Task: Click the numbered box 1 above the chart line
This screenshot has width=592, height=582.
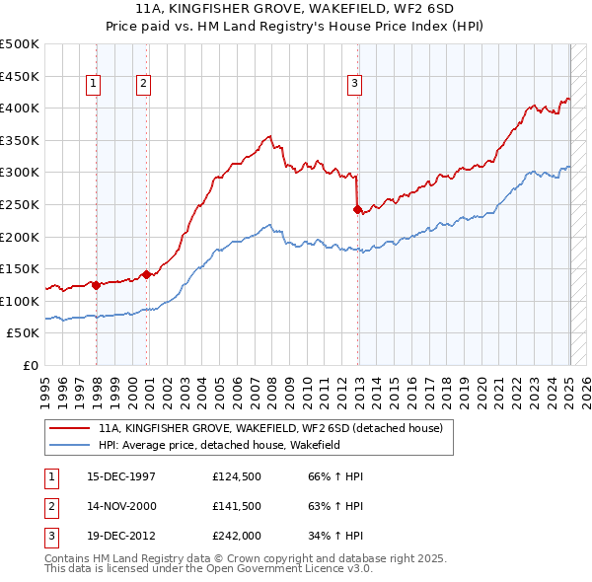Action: (x=93, y=85)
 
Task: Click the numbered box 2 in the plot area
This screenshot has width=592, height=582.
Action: (x=143, y=85)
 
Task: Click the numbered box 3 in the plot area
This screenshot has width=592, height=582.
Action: (x=353, y=85)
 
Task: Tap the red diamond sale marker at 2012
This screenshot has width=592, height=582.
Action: (x=357, y=209)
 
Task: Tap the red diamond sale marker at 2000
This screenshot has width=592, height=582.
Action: (x=146, y=274)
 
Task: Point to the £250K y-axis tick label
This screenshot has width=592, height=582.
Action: (x=21, y=204)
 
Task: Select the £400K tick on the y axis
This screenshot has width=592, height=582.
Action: (x=21, y=108)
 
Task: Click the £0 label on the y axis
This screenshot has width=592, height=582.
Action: (x=31, y=365)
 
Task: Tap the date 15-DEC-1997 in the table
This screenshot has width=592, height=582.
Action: (x=120, y=476)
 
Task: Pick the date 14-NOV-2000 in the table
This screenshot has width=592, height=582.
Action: (x=121, y=506)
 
